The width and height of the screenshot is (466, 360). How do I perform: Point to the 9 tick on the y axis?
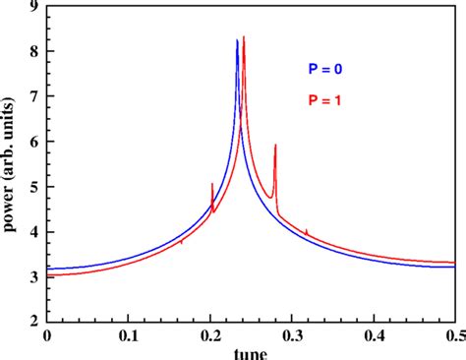tap(34, 8)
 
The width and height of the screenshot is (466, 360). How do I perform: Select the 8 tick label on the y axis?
tap(34, 52)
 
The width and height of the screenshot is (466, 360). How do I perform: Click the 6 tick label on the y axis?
tap(34, 142)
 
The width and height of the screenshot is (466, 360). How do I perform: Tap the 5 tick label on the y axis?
tap(34, 187)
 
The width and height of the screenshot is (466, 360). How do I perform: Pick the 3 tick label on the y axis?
tap(34, 276)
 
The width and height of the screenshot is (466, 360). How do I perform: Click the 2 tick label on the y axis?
tap(34, 321)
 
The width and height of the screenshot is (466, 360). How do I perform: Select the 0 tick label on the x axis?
tap(46, 334)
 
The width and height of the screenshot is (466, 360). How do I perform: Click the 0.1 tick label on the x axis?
tap(128, 334)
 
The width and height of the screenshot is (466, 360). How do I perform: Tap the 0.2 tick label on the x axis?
tap(209, 334)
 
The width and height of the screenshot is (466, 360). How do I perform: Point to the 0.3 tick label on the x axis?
tap(291, 334)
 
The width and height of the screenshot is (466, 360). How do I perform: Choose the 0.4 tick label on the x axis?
tap(373, 334)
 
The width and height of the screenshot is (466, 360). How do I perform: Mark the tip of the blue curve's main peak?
tap(237, 40)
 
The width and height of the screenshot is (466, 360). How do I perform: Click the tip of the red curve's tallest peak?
tap(244, 36)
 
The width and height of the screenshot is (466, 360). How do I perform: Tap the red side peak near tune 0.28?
tap(275, 146)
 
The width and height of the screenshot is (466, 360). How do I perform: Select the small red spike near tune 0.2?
tap(211, 184)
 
